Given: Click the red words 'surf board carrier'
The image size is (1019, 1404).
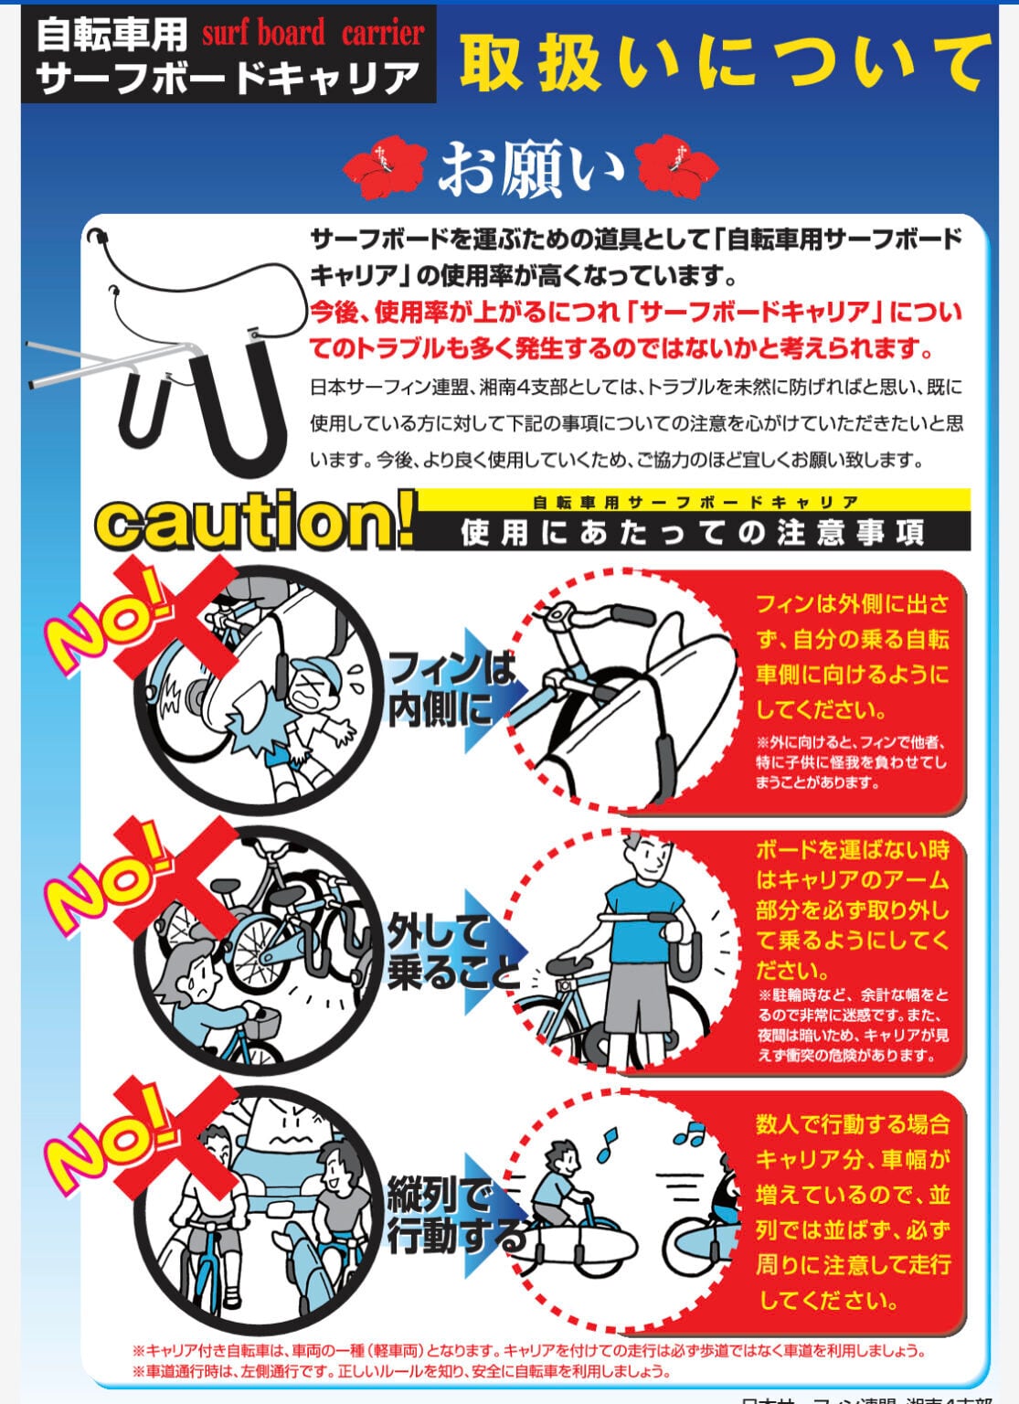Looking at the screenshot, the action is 313,34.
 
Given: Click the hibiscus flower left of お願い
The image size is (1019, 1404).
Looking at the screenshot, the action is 384,166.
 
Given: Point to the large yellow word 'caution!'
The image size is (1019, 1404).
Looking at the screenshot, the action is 254,523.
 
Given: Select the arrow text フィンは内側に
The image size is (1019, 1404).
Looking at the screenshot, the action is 451,688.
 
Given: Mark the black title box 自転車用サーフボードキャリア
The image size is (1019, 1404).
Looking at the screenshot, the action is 228,54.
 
